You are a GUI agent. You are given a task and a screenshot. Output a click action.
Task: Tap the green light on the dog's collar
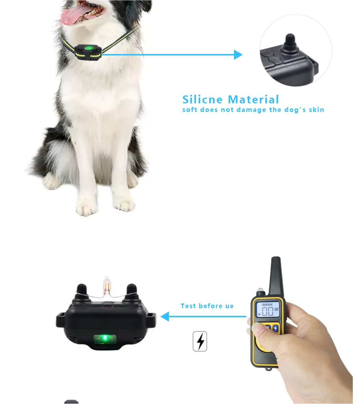pos(88,48)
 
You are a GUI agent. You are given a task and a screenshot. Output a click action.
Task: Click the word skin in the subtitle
pos(316,110)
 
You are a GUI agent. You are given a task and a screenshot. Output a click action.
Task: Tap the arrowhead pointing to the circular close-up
pos(238,55)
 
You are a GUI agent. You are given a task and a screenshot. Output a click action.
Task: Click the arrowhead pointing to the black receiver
pos(165,317)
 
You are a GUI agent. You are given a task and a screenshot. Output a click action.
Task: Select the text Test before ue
pos(207,306)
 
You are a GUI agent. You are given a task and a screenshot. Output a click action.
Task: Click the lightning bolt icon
pos(200,341)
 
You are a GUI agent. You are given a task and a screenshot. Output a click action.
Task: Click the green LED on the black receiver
pos(105,338)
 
